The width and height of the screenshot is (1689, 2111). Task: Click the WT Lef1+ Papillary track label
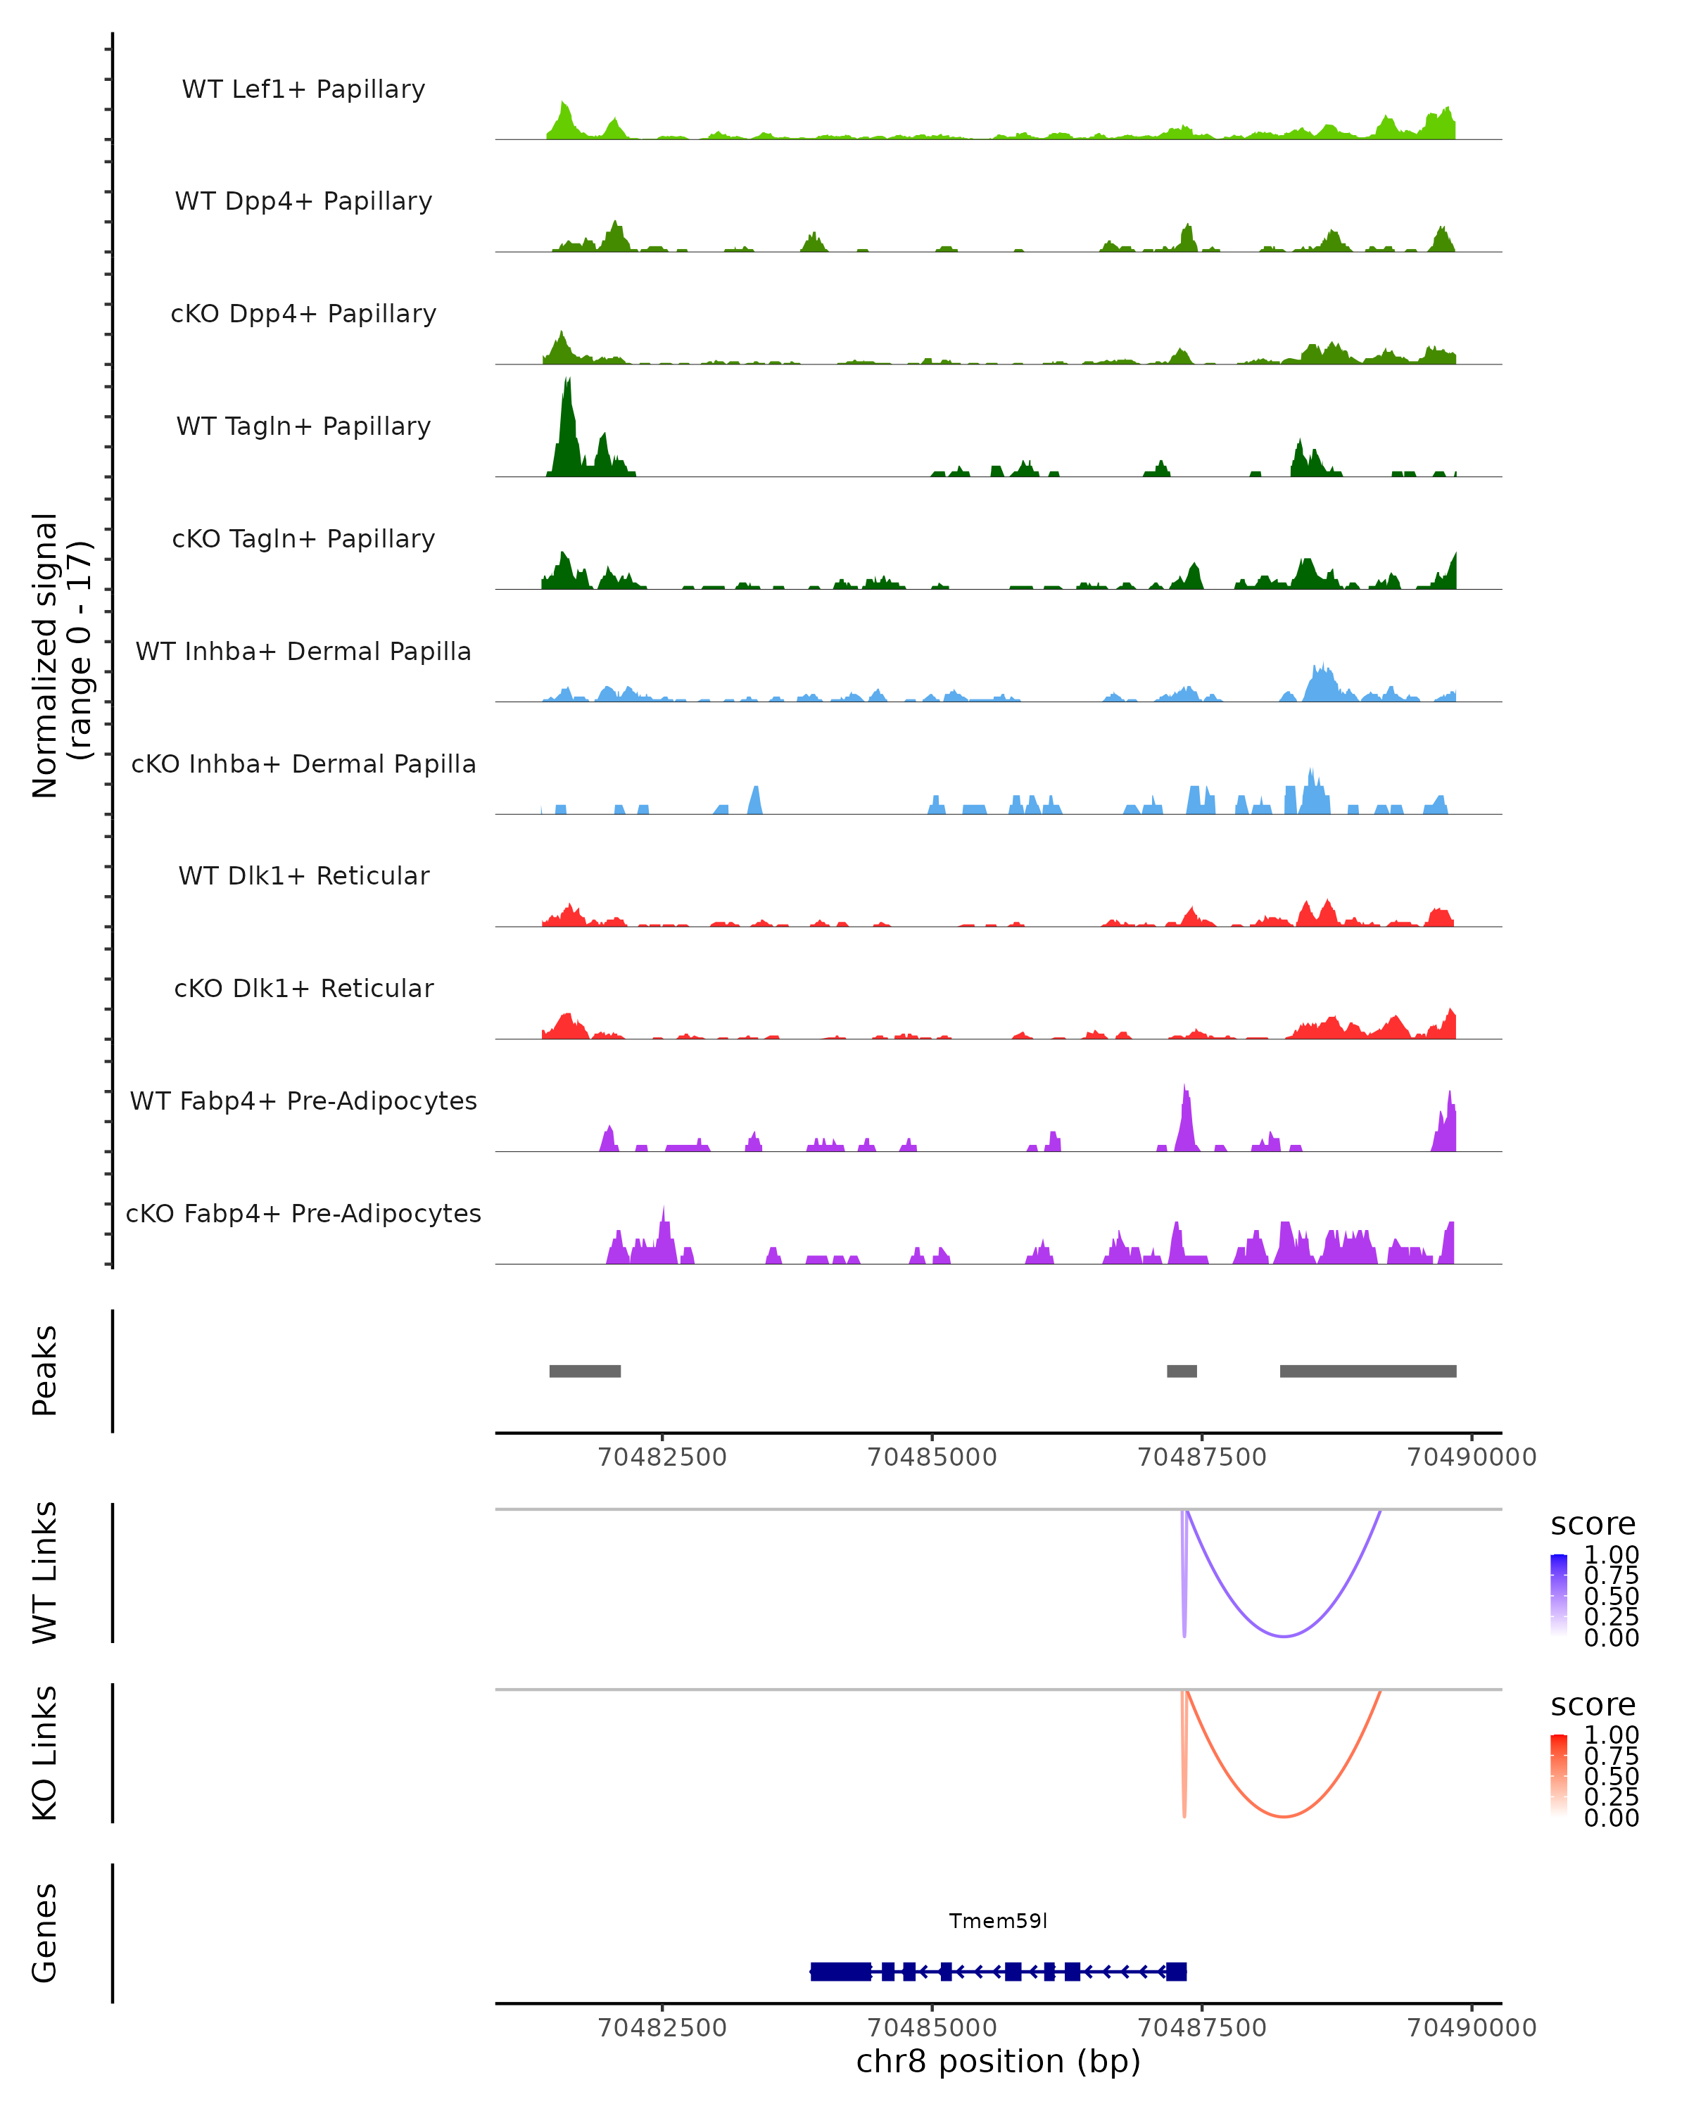(303, 89)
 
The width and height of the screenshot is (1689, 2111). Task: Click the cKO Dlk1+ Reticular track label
(303, 988)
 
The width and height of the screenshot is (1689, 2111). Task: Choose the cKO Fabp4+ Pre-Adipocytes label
(303, 1213)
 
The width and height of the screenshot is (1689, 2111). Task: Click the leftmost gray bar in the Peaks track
(585, 1371)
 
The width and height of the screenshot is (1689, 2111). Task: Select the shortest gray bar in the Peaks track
(1182, 1371)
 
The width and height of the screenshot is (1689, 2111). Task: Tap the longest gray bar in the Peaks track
(1368, 1371)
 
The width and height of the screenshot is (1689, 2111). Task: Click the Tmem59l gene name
(998, 1921)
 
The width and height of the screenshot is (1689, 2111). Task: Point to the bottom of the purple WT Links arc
(1284, 1636)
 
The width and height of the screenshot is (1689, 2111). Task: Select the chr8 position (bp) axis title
(998, 2061)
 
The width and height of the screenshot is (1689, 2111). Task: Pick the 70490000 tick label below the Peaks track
(1471, 1457)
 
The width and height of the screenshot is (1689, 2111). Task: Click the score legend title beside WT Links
(1592, 1525)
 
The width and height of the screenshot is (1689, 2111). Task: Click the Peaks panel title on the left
(45, 1371)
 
